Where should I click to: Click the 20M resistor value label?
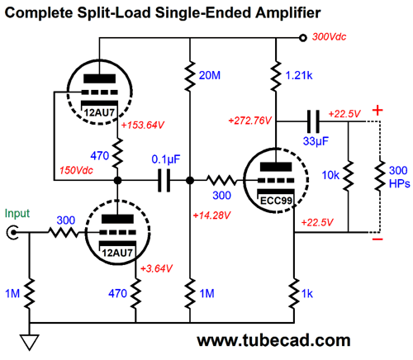pos(210,75)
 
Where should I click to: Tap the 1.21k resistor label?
pos(299,75)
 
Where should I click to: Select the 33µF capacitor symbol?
pos(313,121)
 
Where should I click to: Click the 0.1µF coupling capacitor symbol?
pos(164,181)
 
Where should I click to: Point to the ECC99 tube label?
pos(276,201)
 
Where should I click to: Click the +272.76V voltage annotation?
pos(249,121)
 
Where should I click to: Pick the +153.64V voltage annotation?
pos(143,125)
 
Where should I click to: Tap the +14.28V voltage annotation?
pos(211,216)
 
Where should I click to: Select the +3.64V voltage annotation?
pos(156,268)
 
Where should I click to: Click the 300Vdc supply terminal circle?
pos(303,38)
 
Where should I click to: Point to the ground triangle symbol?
pos(29,342)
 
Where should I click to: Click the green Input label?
pos(17,214)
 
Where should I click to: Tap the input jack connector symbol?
pos(12,233)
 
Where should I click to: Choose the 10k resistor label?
pos(330,175)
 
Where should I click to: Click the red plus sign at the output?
pos(377,111)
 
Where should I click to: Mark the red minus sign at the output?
pos(377,239)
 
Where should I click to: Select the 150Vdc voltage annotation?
pos(76,170)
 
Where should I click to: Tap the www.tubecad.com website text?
pos(273,340)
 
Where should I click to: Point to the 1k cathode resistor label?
pos(307,294)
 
